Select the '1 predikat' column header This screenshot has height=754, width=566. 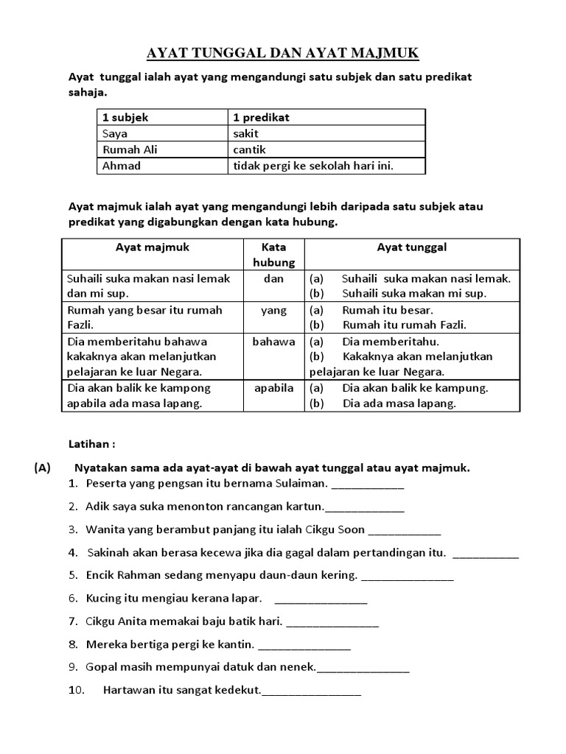point(262,117)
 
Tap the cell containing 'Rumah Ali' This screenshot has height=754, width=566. point(130,149)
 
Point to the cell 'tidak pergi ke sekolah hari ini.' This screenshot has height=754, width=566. point(313,166)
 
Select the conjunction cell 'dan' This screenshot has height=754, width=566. point(273,278)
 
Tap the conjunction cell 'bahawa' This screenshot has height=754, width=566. point(273,342)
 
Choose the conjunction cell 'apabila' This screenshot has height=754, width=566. point(273,387)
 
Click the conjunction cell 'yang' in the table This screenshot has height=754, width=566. point(273,310)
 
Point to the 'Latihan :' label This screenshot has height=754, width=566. point(91,445)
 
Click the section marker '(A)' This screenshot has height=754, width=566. point(41,468)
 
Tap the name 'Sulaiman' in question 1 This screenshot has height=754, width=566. point(301,484)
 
